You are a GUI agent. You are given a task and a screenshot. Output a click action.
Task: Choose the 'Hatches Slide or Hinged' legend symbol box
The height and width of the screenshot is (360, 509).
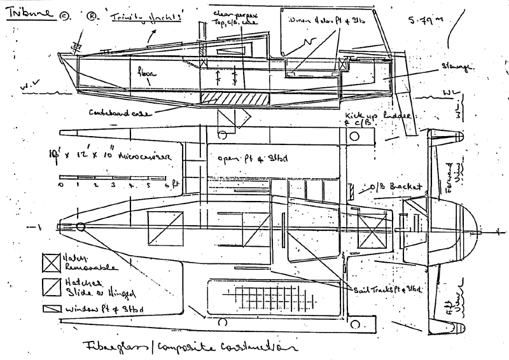point(50,284)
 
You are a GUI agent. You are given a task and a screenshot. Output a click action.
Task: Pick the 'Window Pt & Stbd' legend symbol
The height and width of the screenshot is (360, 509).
point(49,308)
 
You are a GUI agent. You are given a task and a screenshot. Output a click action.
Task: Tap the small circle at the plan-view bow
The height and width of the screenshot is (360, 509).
point(81,227)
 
